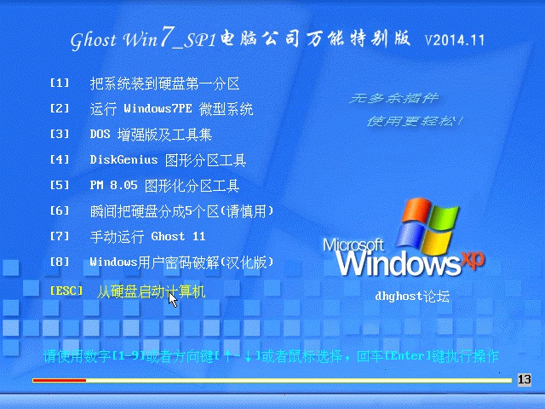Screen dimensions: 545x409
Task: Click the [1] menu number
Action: point(60,84)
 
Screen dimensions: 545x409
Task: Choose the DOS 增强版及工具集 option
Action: point(151,135)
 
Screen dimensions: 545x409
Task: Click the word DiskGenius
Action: point(123,159)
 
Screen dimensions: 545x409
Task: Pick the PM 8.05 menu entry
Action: point(164,186)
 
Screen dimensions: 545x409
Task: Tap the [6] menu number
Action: point(60,210)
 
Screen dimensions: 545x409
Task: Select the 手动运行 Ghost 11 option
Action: point(147,237)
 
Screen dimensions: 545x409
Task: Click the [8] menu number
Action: point(60,262)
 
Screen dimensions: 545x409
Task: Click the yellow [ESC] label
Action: point(66,291)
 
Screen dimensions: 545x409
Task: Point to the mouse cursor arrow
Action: point(173,300)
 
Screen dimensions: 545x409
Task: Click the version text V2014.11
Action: point(455,40)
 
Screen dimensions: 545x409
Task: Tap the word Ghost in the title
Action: point(93,40)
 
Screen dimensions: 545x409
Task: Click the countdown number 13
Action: point(525,379)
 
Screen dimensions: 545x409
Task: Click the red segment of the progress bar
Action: point(59,380)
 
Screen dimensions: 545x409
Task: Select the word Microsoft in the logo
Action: point(353,245)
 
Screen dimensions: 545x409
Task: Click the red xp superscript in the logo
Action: point(473,259)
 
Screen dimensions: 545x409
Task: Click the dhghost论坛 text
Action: point(412,297)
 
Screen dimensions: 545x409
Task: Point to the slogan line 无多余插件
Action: point(393,98)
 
